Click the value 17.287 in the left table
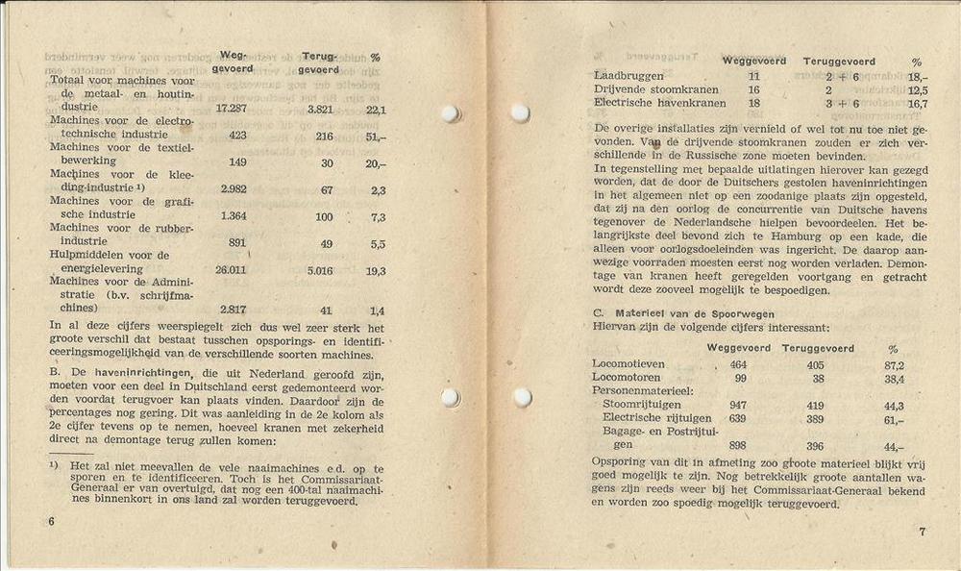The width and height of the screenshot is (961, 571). (x=232, y=109)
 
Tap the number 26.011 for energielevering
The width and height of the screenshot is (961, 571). (x=232, y=270)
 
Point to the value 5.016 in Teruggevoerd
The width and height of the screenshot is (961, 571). (x=319, y=270)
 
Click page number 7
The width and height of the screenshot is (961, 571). (x=921, y=532)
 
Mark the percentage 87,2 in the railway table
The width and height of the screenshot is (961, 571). (x=893, y=365)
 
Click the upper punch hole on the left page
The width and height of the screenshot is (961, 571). (x=449, y=113)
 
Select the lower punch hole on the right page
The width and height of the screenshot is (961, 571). (x=523, y=397)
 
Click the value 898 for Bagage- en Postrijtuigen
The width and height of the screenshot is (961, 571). (x=738, y=445)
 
